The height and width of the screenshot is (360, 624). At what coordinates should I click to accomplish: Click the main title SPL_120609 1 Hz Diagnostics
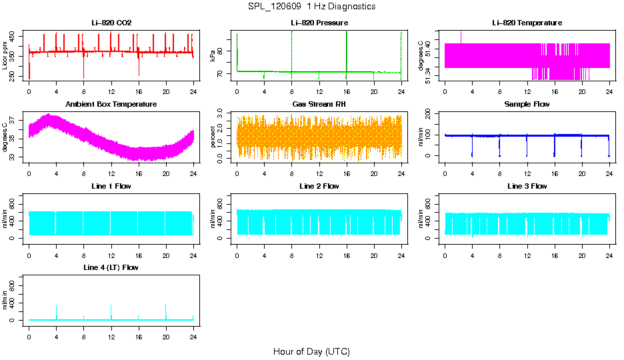[x=311, y=7]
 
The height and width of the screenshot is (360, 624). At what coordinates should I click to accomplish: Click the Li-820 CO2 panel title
[x=111, y=23]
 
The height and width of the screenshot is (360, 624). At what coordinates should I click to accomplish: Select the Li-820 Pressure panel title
[x=319, y=23]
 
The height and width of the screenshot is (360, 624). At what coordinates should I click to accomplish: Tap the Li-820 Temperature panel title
[x=527, y=23]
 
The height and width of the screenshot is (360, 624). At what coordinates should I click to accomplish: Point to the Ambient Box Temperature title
[x=111, y=104]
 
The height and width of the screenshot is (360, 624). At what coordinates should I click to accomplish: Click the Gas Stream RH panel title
[x=319, y=104]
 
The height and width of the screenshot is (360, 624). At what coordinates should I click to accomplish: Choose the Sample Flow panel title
[x=527, y=104]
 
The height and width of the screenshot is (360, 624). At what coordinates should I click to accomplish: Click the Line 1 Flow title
[x=111, y=186]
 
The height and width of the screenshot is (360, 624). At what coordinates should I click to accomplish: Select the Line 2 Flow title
[x=319, y=186]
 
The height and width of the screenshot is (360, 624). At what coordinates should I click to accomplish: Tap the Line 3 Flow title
[x=527, y=186]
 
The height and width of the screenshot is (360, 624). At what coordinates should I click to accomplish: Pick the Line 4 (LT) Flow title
[x=111, y=267]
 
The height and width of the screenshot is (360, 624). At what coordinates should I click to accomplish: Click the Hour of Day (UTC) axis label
[x=311, y=351]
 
